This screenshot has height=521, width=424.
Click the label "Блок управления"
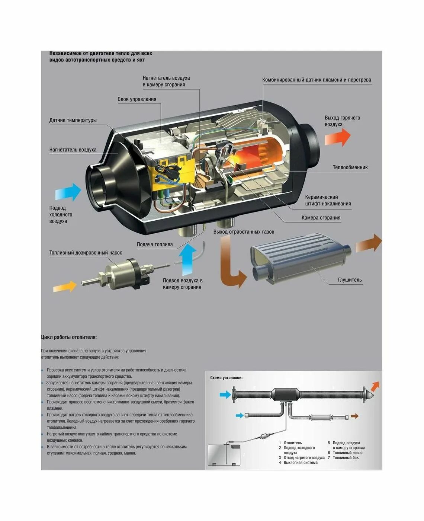pyautogui.click(x=136, y=99)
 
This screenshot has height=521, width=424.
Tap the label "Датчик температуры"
pyautogui.click(x=73, y=121)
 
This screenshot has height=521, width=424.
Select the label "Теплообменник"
pyautogui.click(x=350, y=167)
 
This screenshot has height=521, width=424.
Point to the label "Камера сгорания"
pyautogui.click(x=321, y=218)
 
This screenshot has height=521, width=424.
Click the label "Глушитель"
pyautogui.click(x=350, y=280)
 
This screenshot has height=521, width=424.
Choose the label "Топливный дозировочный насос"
pyautogui.click(x=86, y=253)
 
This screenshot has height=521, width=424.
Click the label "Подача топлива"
pyautogui.click(x=155, y=244)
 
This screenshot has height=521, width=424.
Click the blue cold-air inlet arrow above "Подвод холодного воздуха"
pyautogui.click(x=68, y=192)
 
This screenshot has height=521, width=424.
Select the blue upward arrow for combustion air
pyautogui.click(x=187, y=259)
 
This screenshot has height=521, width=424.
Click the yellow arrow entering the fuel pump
pyautogui.click(x=65, y=287)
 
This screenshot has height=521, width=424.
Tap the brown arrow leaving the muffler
pyautogui.click(x=369, y=244)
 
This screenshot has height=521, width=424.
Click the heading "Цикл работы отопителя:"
pyautogui.click(x=69, y=338)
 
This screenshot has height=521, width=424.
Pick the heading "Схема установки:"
pyautogui.click(x=226, y=378)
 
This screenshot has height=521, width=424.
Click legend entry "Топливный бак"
pyautogui.click(x=346, y=458)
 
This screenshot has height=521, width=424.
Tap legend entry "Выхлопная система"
pyautogui.click(x=301, y=463)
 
